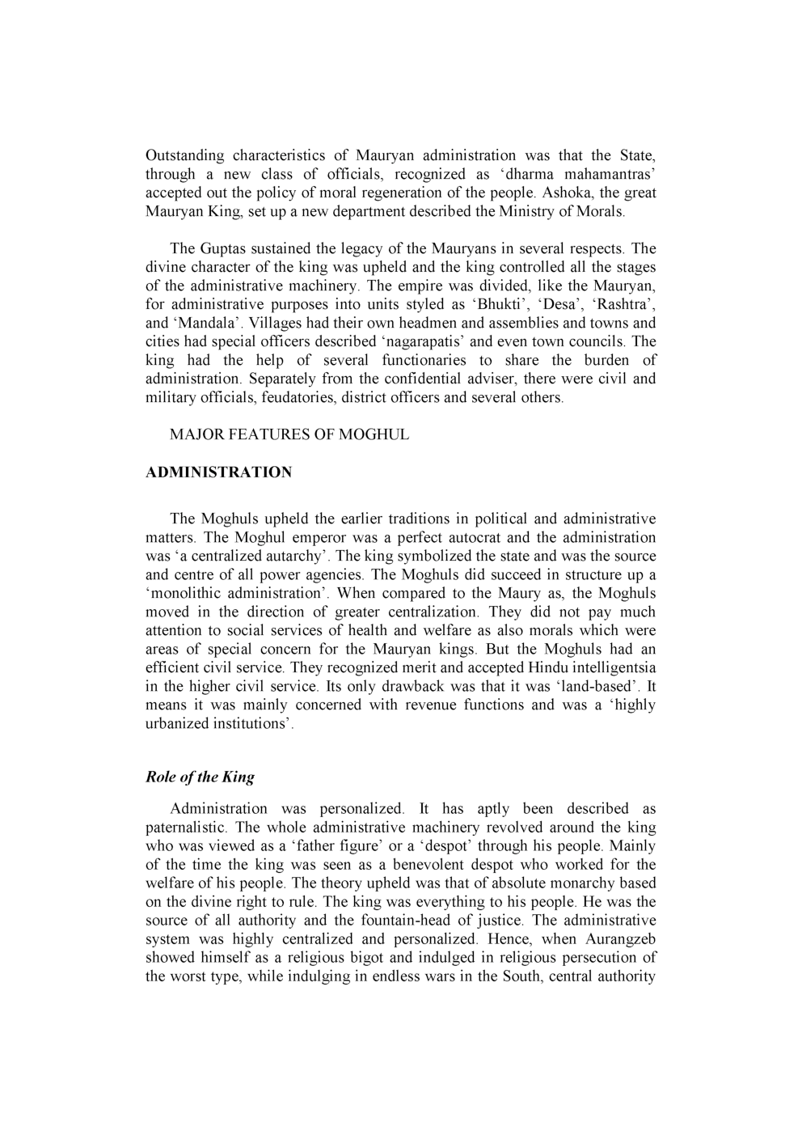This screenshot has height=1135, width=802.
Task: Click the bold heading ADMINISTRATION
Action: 218,472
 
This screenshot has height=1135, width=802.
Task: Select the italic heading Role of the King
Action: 200,777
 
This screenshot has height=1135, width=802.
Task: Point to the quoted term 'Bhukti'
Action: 499,305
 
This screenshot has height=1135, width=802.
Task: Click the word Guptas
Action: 222,249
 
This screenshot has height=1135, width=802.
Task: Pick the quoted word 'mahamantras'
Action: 609,174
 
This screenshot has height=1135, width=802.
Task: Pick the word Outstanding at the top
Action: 184,155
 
